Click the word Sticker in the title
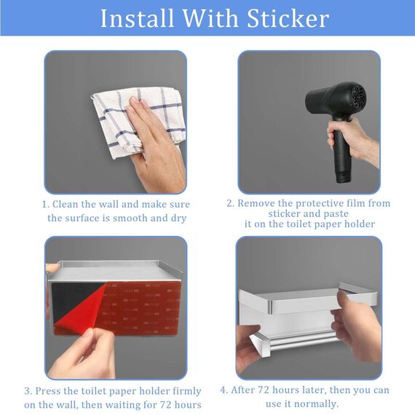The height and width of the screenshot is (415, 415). (288, 18)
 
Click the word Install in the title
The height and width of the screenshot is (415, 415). (137, 18)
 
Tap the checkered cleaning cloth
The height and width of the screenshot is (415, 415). (138, 122)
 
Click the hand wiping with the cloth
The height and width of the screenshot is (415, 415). (155, 143)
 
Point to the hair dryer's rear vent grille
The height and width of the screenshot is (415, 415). (357, 97)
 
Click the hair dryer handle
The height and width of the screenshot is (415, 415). (341, 151)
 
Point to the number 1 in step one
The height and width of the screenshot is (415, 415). (45, 205)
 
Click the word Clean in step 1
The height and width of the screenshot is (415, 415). (66, 205)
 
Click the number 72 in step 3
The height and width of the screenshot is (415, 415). (165, 405)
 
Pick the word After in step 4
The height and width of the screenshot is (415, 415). (243, 390)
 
